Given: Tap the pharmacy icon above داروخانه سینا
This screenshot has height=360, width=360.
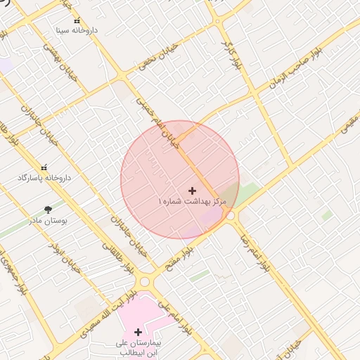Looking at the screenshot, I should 77,21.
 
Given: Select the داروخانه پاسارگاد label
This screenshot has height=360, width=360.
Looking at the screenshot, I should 44,178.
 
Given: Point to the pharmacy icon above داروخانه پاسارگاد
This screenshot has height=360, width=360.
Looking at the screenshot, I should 44,168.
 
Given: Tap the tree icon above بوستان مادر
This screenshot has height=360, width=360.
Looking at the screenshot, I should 48,210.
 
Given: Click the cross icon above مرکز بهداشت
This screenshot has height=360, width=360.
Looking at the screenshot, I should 193,191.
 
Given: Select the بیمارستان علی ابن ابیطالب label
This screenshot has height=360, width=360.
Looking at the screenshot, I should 139,347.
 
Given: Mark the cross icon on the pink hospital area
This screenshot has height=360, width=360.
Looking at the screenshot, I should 138,332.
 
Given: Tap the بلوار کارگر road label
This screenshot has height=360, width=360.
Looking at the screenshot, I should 237,53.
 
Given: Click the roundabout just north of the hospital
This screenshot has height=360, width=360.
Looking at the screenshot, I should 145,281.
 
